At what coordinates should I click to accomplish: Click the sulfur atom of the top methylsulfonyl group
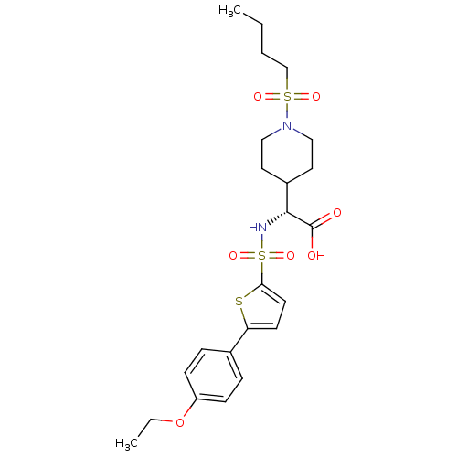pos(287,96)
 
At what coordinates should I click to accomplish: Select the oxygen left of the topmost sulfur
pos(258,96)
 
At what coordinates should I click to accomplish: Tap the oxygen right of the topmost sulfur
pos(316,96)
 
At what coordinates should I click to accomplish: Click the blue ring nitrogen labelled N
pos(287,127)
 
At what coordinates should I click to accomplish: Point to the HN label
pos(259,227)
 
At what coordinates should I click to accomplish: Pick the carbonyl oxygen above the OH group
pos(337,213)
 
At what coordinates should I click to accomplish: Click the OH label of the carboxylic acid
pos(316,256)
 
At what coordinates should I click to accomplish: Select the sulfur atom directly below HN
pos(262,257)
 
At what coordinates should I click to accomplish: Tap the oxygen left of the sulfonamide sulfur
pos(233,257)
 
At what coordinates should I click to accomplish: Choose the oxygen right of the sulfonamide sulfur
pos(291,257)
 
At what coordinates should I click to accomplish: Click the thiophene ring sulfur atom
pos(239,301)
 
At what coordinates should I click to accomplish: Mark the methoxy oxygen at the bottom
pos(180,422)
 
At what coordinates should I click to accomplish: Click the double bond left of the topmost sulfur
pos(272,96)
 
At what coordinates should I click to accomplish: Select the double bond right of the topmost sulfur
pos(302,96)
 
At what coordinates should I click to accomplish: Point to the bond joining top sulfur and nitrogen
pos(287,112)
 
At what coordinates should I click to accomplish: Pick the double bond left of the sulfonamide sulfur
pos(248,257)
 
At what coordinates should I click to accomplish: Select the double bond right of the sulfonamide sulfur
pos(277,257)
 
